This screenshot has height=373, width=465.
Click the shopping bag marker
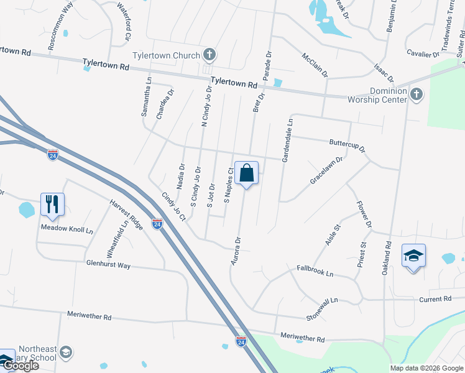point(247,173)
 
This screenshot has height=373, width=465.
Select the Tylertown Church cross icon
point(209,55)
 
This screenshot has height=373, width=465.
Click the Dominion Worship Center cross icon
point(417,95)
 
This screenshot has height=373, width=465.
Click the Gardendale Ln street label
point(287,142)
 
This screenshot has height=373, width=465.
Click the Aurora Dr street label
point(236,251)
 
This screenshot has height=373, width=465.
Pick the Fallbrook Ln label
point(315,271)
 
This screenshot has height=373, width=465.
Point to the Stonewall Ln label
point(321,308)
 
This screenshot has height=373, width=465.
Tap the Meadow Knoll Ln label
point(67,229)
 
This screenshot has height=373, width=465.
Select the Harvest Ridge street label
point(127,214)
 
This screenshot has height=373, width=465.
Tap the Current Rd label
point(435,299)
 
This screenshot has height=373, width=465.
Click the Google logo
point(21,366)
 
